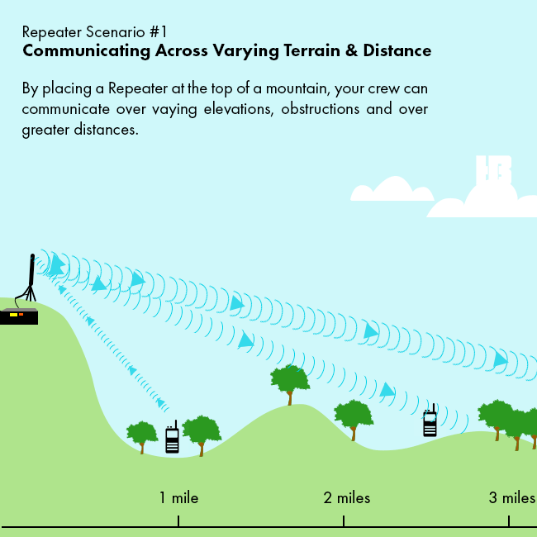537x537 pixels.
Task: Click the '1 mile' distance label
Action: [x=178, y=497]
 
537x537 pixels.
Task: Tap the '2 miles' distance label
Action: [x=347, y=497]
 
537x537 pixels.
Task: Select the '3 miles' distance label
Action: [x=512, y=497]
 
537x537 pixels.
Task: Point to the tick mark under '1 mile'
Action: [x=178, y=520]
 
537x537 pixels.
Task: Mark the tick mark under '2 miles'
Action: [x=344, y=520]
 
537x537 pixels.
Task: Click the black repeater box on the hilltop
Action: [x=19, y=316]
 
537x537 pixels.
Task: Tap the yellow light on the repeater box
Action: [x=13, y=315]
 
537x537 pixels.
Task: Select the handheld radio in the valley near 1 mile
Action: [x=172, y=437]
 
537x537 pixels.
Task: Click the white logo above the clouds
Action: [x=493, y=170]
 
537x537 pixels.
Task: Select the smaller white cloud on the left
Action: [x=392, y=188]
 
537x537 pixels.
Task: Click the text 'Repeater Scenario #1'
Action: [x=94, y=32]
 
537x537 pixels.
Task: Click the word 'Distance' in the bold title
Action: [x=397, y=50]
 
